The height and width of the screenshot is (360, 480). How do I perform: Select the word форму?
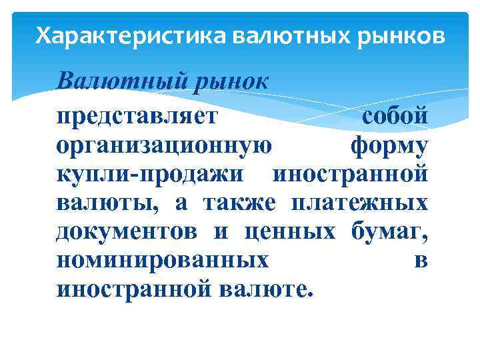[389, 145]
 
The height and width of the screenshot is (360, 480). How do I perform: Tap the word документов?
[127, 231]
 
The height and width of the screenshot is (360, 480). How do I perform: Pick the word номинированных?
[163, 260]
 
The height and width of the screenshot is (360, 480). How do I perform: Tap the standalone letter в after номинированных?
[421, 261]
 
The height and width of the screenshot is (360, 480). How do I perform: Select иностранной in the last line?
[133, 289]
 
